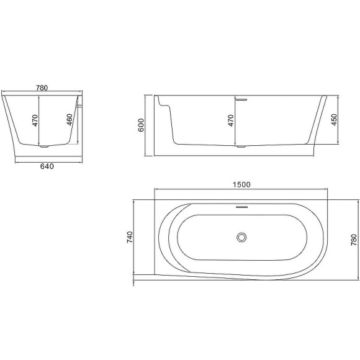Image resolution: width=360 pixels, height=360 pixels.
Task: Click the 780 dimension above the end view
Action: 42,88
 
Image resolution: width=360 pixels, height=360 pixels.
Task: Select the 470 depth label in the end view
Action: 35,120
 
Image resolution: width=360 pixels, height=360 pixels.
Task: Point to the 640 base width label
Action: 47,166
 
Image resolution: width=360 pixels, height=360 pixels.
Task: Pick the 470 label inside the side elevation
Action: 231,120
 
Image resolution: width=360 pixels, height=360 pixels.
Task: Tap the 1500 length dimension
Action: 241,184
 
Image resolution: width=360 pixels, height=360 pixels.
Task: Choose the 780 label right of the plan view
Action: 354,240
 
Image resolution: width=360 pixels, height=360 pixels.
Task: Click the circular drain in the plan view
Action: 241,236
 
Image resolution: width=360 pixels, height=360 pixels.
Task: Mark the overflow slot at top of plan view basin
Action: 241,206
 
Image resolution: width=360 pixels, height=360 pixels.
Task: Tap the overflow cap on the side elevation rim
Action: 241,97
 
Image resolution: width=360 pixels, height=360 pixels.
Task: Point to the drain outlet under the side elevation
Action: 241,147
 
